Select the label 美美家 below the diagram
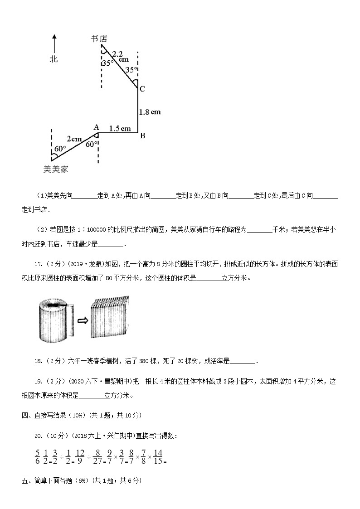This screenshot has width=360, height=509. pyautogui.click(x=55, y=169)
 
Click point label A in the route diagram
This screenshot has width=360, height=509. pyautogui.click(x=96, y=127)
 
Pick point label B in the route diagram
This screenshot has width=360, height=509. pyautogui.click(x=142, y=135)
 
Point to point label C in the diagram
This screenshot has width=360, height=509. pyautogui.click(x=142, y=89)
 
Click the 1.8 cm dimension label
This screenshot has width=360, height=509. pyautogui.click(x=150, y=111)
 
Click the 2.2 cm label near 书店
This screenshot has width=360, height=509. pyautogui.click(x=120, y=56)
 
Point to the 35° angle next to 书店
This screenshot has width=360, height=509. pyautogui.click(x=107, y=63)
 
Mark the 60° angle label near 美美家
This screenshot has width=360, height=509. pyautogui.click(x=60, y=149)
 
